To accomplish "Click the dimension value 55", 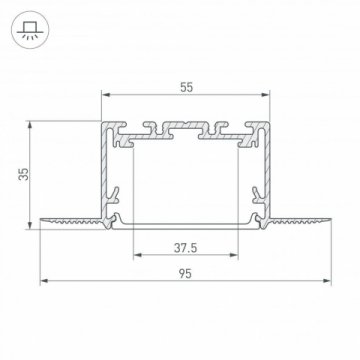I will coord(187,88).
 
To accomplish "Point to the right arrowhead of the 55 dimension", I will coord(269,96).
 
